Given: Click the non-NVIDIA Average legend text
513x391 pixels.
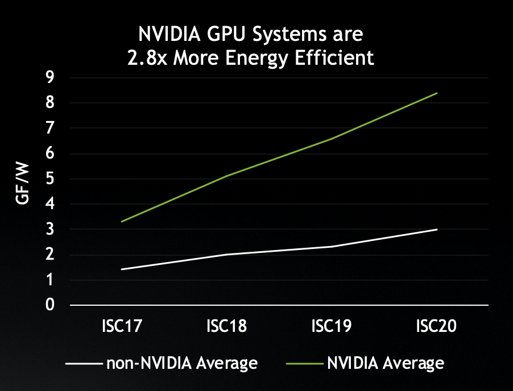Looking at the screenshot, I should [x=182, y=363].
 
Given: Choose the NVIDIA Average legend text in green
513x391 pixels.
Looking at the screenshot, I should [x=385, y=363].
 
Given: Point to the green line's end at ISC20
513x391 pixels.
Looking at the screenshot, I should [x=437, y=93].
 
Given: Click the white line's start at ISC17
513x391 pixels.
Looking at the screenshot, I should [x=122, y=269].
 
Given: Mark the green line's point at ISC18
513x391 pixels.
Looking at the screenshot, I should [x=227, y=176].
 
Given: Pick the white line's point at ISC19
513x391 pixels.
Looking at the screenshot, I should [x=332, y=247].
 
